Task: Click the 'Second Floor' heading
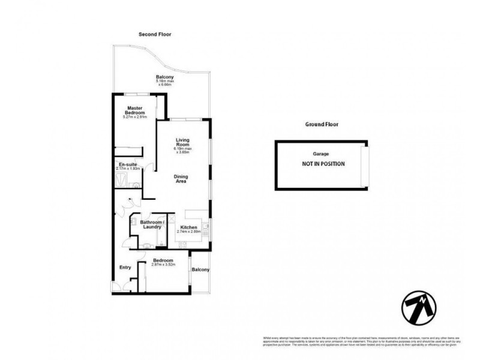155,34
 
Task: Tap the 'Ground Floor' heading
322,125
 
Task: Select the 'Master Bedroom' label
135,110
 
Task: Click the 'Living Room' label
182,141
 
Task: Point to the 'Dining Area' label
182,178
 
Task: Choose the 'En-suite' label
127,164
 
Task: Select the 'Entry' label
125,268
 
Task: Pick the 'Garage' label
321,154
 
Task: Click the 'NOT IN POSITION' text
323,163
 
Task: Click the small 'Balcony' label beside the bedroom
200,270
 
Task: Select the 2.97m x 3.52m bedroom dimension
163,265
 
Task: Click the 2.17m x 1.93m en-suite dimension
128,169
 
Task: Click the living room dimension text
182,150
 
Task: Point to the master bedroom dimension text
135,118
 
